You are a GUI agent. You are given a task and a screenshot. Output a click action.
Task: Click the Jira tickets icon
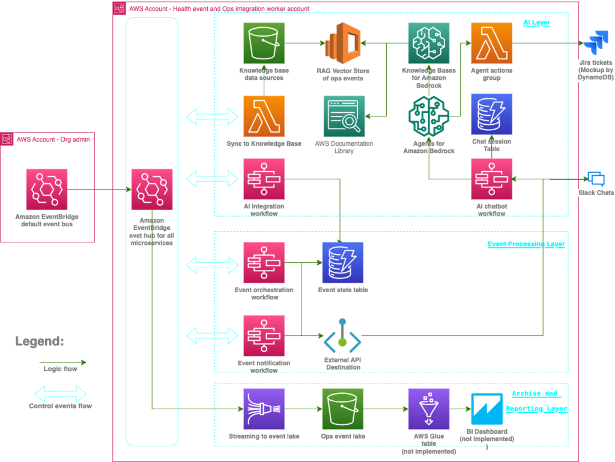[x=595, y=44]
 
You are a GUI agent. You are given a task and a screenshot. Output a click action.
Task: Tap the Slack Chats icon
[x=595, y=179]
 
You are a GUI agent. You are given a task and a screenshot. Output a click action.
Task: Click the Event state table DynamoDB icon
[x=343, y=263]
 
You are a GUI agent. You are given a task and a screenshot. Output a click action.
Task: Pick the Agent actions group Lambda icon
[x=492, y=43]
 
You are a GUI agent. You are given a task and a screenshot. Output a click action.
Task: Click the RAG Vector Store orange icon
[x=344, y=43]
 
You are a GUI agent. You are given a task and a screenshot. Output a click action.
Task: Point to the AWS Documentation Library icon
[x=344, y=116]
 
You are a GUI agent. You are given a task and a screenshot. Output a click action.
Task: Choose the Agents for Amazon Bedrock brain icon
[x=428, y=116]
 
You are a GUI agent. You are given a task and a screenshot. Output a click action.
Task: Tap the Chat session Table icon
[x=492, y=114]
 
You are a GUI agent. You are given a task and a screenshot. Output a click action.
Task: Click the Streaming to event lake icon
[x=264, y=409]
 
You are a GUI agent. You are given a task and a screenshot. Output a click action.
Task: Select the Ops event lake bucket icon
[x=343, y=409]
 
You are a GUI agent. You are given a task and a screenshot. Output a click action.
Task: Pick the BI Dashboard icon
[x=491, y=409]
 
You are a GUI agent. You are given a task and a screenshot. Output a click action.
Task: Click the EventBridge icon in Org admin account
[x=47, y=190]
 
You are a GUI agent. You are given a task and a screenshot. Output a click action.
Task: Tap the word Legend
[x=39, y=341]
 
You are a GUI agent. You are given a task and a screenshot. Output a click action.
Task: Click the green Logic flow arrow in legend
[x=62, y=362]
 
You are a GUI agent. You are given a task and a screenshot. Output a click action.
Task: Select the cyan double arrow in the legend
[x=60, y=394]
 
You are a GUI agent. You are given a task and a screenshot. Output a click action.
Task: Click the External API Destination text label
[x=342, y=363]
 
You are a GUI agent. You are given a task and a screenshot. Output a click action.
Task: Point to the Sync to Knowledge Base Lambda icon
[x=264, y=116]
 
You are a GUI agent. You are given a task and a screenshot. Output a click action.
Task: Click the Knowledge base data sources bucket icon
[x=264, y=43]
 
